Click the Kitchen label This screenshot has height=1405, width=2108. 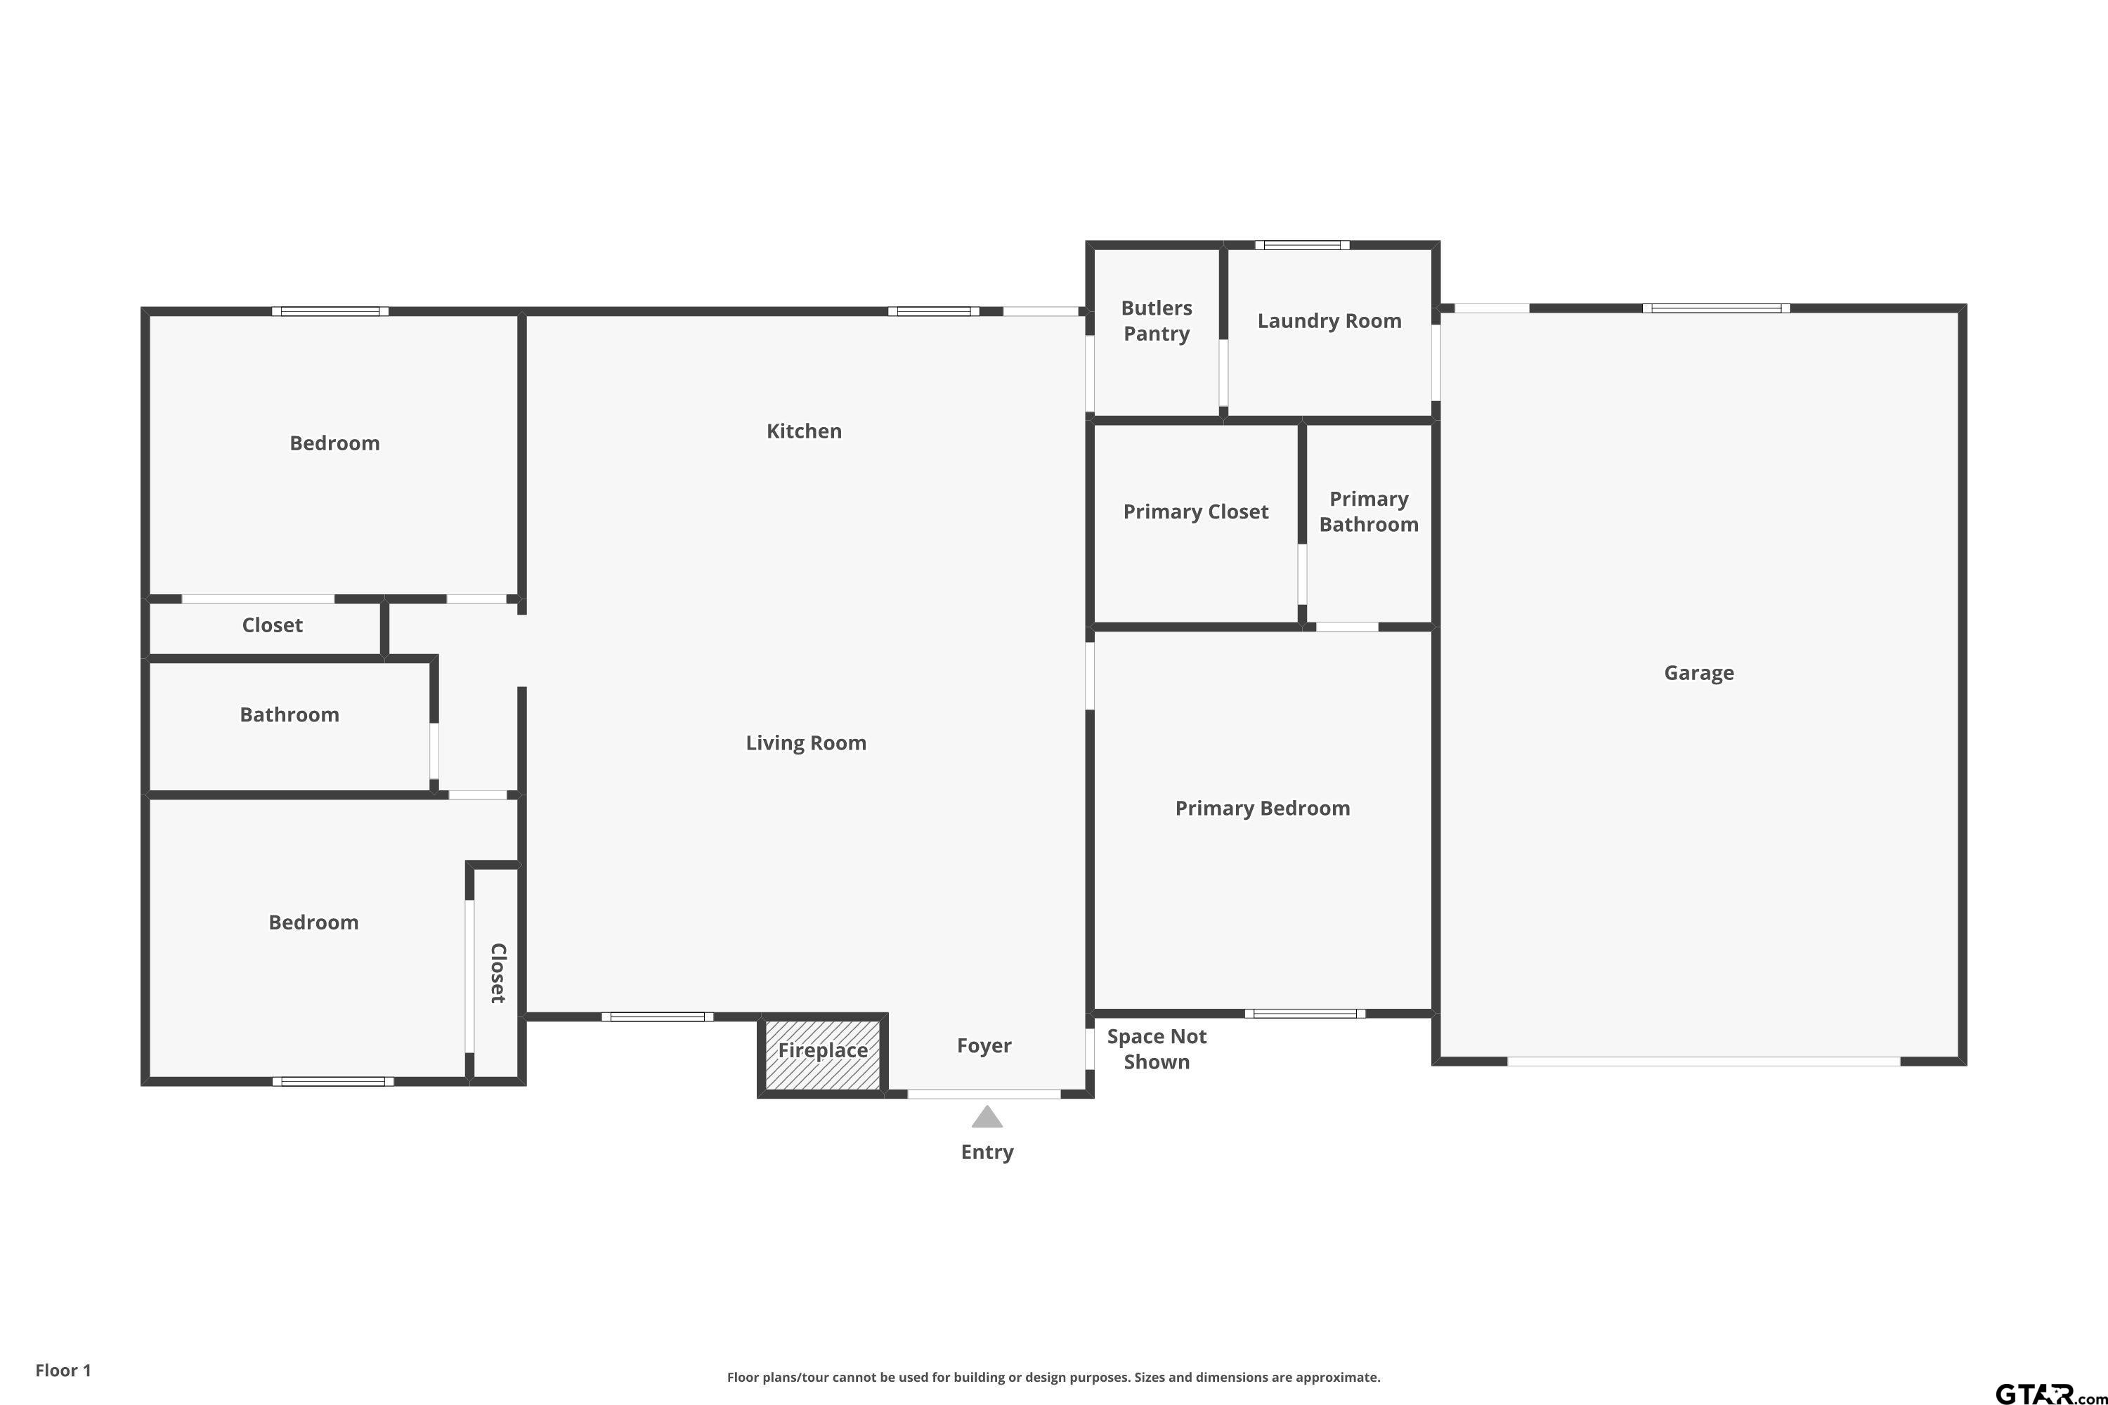click(x=804, y=431)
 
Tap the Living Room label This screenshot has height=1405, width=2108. click(x=806, y=743)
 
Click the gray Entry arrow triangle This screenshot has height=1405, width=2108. click(x=987, y=1116)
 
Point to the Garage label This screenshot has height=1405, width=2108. click(x=1698, y=673)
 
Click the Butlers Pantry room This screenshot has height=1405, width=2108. click(x=1156, y=332)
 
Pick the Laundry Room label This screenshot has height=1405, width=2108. click(x=1329, y=321)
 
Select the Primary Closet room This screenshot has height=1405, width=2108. click(x=1196, y=523)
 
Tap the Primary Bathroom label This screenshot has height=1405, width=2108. click(x=1369, y=511)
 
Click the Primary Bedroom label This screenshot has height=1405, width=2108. click(x=1262, y=809)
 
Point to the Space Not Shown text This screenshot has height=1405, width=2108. click(x=1156, y=1050)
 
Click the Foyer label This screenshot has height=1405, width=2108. click(x=984, y=1046)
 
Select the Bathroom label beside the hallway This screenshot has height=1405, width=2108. click(x=289, y=715)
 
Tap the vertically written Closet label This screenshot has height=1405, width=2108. click(x=498, y=973)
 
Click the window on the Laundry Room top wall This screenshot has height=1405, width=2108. click(x=1302, y=244)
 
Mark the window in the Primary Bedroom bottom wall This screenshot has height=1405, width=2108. click(x=1305, y=1014)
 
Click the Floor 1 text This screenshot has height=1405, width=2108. click(x=63, y=1370)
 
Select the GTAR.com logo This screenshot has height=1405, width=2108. click(x=2050, y=1393)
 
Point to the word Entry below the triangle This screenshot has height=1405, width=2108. click(x=987, y=1152)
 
